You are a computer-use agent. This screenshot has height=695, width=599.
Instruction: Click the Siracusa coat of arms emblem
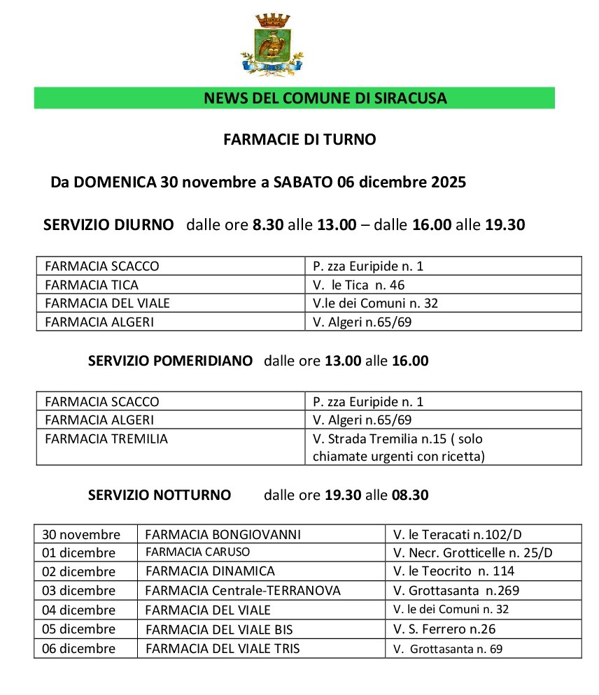pos(272,44)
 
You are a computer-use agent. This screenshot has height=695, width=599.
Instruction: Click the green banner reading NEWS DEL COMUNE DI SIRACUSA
pos(294,98)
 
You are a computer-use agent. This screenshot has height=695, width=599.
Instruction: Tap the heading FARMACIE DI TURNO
pos(299,140)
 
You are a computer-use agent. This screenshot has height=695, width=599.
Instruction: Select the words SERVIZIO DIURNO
pos(108,225)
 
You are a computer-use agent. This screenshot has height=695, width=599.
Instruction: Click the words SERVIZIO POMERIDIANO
pos(170,361)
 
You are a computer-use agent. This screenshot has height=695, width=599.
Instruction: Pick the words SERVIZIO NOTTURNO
pos(160,495)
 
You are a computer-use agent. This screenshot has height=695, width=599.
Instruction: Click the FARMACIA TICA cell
pos(92,285)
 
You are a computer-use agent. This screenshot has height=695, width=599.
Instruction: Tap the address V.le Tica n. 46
pos(359,285)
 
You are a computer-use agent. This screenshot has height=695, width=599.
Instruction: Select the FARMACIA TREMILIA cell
pos(106,439)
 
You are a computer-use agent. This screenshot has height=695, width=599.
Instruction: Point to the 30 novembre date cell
pos(81,535)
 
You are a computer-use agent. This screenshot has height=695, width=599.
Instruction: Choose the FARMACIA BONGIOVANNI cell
pos(223,535)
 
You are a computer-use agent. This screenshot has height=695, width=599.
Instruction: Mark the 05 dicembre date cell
pos(79,629)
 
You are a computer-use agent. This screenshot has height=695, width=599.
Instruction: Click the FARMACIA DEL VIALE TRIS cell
pos(223,648)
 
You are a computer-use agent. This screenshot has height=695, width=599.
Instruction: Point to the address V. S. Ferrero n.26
pos(444,629)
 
